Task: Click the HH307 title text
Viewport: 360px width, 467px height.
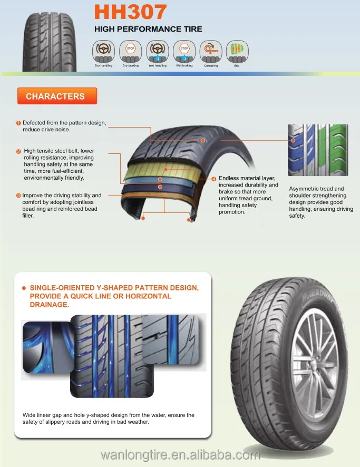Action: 130,11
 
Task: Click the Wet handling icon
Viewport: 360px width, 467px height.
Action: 157,51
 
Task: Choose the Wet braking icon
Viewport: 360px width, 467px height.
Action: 184,51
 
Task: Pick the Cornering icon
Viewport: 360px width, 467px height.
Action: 211,51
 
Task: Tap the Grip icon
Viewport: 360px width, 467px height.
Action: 236,51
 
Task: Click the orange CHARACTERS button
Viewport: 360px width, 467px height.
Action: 55,96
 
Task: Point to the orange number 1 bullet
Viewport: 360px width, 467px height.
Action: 18,123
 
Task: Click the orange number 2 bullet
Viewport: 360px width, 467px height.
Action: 18,152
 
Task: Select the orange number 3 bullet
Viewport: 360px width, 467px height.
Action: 18,196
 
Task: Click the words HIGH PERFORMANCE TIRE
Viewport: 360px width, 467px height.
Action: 148,29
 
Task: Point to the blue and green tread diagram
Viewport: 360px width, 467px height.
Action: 318,150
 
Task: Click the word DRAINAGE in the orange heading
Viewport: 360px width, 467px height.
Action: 50,305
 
